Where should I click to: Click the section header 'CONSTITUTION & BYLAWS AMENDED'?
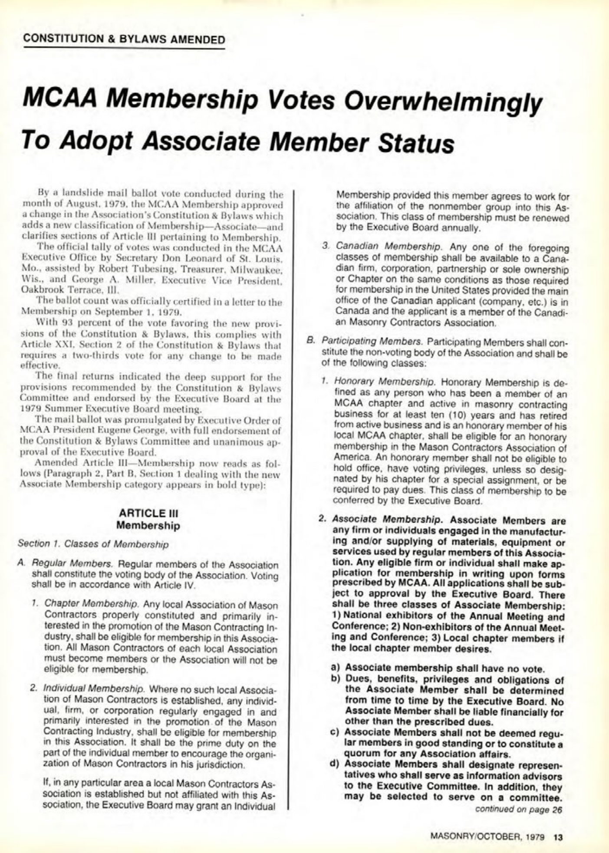coord(125,40)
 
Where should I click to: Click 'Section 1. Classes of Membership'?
coord(93,544)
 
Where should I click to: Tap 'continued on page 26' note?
coord(518,809)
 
